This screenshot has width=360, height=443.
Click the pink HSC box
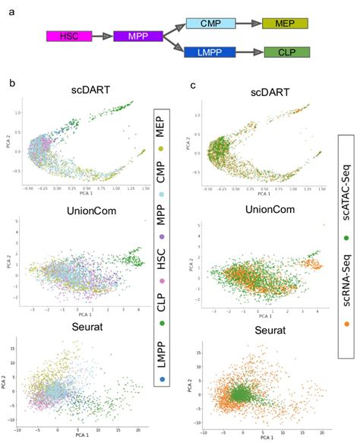[x=69, y=36]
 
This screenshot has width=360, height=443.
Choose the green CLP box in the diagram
[x=287, y=52]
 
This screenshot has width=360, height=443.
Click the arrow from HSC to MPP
[x=103, y=36]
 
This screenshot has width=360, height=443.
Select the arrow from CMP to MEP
[x=247, y=24]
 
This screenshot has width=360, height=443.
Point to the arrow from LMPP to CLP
[x=248, y=52]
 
